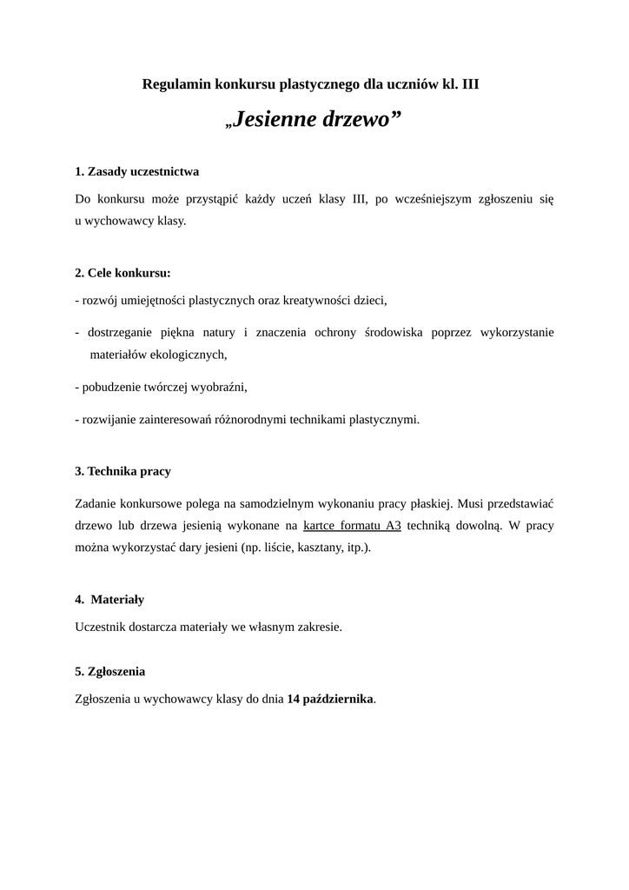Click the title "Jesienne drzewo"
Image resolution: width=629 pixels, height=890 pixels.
pos(314,119)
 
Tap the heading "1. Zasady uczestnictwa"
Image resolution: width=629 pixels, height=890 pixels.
pos(137,171)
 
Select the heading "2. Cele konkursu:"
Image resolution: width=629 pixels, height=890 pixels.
pos(122,272)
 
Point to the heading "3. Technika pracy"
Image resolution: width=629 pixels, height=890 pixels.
pos(122,471)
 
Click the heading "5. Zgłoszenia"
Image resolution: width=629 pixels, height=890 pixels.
pos(110,671)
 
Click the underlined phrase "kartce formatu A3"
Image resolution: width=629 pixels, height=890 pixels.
pos(352,525)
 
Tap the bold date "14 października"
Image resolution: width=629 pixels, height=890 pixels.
pos(330,698)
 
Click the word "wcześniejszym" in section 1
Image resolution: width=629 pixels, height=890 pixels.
pos(434,198)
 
